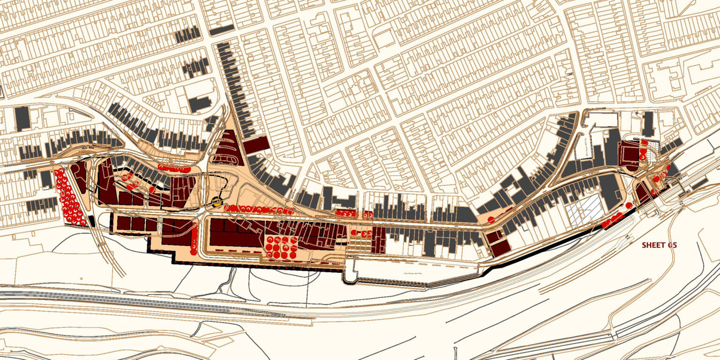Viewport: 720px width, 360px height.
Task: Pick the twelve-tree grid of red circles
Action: pos(281,247)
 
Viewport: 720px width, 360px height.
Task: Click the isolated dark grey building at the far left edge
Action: pos(22,119)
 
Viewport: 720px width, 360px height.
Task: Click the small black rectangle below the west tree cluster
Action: pos(92,221)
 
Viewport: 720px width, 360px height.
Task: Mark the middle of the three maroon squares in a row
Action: pos(138,224)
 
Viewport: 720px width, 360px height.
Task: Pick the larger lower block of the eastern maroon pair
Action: pos(500,248)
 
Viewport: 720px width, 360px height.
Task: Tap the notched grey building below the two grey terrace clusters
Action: pos(200,103)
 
